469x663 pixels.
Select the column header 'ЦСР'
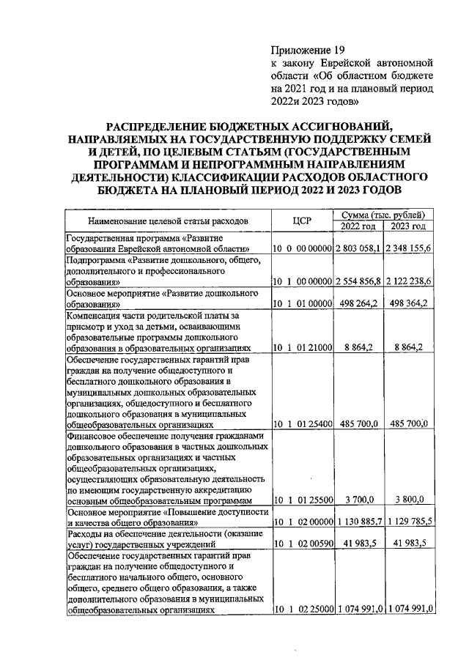[x=303, y=220]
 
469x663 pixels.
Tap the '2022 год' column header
[x=359, y=225]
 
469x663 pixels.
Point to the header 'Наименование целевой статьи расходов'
[x=168, y=220]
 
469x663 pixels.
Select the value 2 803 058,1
[x=359, y=249]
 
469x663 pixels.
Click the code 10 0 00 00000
[x=303, y=249]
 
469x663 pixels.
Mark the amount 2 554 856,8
[x=359, y=281]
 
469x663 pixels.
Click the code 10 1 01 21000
[x=303, y=348]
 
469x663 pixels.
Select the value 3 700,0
[x=359, y=500]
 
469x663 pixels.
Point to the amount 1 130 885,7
[x=359, y=523]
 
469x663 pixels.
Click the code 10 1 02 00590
[x=303, y=544]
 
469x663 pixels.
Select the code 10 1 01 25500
[x=303, y=500]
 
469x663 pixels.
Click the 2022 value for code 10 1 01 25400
[x=359, y=423]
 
